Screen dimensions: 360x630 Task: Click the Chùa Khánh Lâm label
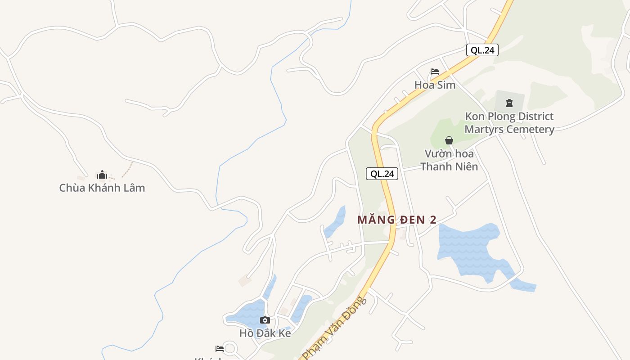102,188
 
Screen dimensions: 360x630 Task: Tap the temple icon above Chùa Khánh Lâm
102,175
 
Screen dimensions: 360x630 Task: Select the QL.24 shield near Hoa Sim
482,50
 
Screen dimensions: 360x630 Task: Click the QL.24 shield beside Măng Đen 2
382,174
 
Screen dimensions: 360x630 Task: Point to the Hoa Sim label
435,85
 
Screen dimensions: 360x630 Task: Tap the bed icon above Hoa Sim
434,72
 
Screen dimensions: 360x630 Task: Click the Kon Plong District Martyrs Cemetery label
509,123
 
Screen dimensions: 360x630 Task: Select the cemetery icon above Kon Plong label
509,103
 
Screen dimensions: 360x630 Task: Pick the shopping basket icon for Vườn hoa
449,140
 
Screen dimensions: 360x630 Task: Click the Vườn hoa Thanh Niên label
449,160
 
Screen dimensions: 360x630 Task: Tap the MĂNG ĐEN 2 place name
397,220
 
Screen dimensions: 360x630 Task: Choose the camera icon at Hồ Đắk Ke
265,320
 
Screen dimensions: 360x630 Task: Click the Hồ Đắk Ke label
265,333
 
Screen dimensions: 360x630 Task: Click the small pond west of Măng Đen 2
335,222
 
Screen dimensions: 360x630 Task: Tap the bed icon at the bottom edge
220,348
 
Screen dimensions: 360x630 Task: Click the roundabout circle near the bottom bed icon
230,349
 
